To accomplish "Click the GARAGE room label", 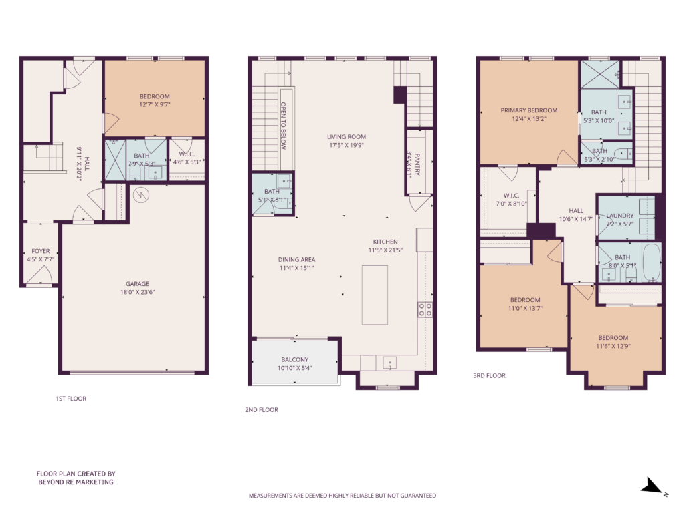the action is click(x=138, y=283).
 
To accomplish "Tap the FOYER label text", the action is click(x=41, y=251).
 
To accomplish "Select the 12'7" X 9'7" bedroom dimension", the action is click(x=155, y=104).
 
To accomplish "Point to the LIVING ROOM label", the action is click(x=347, y=136).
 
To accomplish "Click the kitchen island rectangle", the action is click(x=375, y=295).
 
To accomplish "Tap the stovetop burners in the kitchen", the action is click(x=425, y=309).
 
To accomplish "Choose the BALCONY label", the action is click(x=295, y=359).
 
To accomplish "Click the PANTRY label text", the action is click(x=417, y=164).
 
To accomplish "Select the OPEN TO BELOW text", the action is click(x=283, y=126).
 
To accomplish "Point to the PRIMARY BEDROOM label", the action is click(x=529, y=110).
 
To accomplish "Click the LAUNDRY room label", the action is click(x=620, y=216).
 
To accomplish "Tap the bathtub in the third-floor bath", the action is click(x=652, y=263).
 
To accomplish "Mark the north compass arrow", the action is click(x=652, y=485).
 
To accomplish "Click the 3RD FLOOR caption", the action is click(x=489, y=375).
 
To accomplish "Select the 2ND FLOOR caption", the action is click(x=262, y=409).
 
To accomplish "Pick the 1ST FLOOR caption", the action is click(x=71, y=399).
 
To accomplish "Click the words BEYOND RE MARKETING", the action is click(x=76, y=482).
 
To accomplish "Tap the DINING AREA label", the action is click(x=296, y=260).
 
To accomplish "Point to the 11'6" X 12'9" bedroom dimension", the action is click(x=613, y=347).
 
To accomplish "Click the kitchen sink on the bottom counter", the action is click(x=390, y=363).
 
